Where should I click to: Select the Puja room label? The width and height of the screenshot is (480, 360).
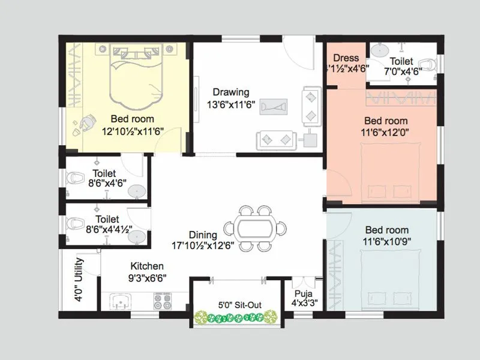tap(301, 294)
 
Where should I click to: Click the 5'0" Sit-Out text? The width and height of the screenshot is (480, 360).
tap(239, 305)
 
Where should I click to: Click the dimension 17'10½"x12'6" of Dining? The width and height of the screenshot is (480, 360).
tap(202, 245)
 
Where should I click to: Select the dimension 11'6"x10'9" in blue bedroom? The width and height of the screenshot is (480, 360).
tap(387, 241)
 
